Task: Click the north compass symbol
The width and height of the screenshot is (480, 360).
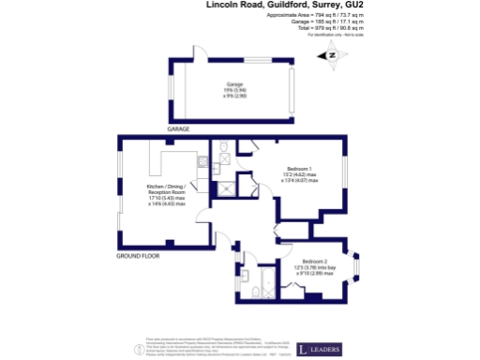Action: click(x=331, y=55)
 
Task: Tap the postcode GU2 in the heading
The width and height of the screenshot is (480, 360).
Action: click(x=353, y=6)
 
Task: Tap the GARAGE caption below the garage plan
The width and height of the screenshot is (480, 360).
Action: click(x=178, y=127)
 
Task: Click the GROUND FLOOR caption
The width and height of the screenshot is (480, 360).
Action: click(x=137, y=255)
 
